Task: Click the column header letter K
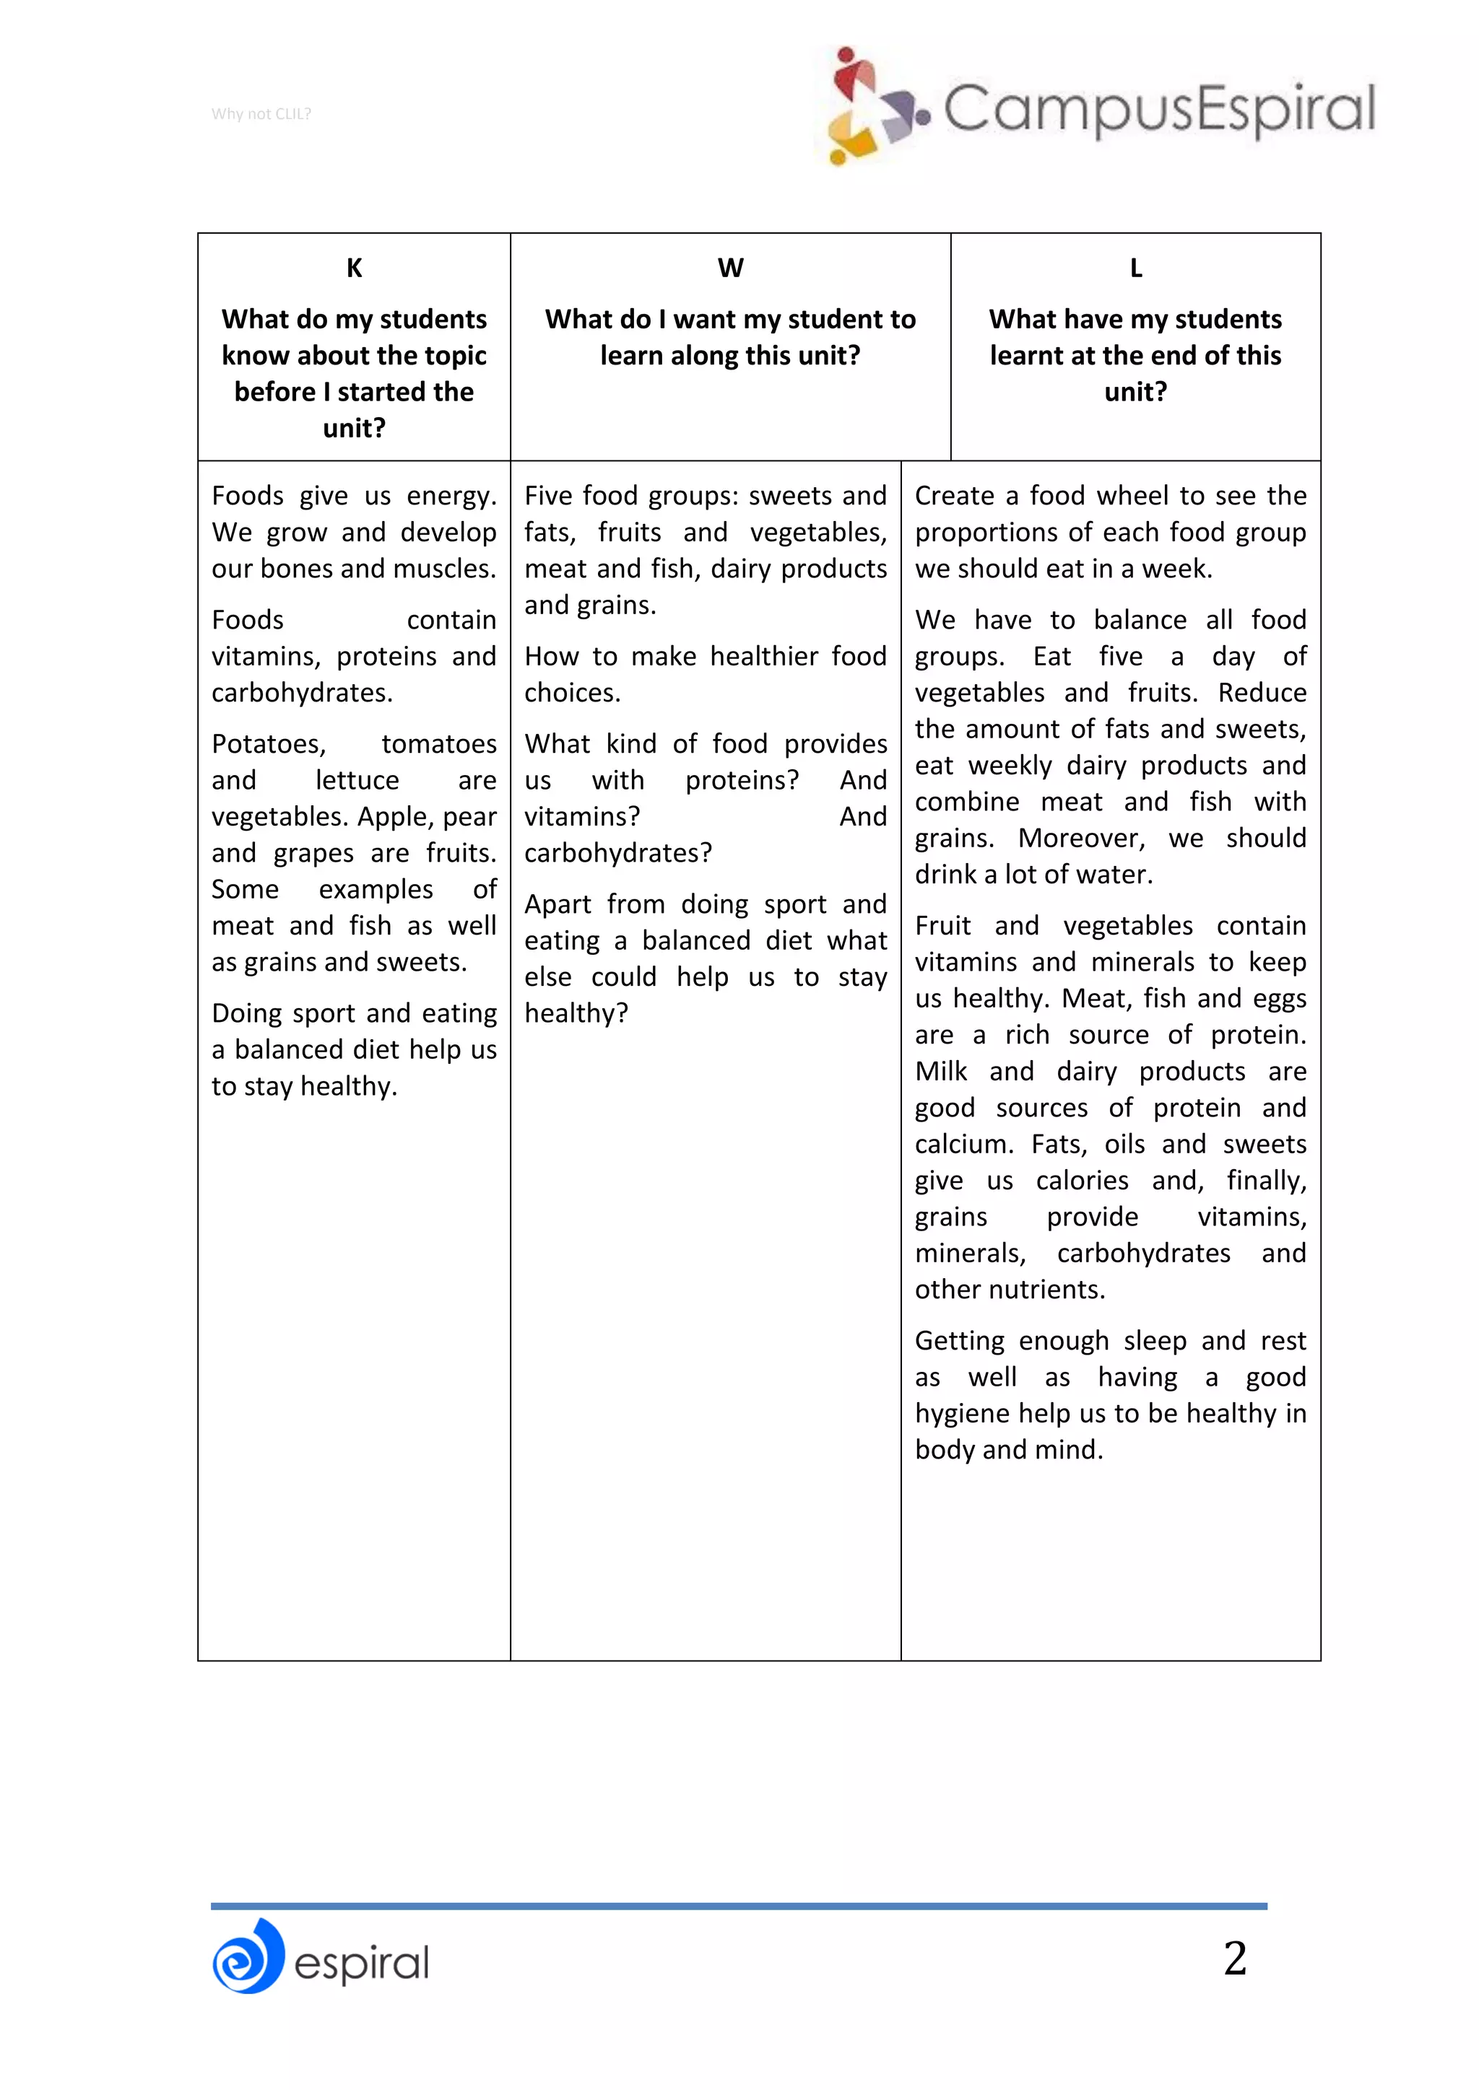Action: (x=355, y=268)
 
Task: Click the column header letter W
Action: (x=730, y=268)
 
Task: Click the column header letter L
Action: (x=1136, y=268)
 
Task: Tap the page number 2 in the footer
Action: (x=1234, y=1957)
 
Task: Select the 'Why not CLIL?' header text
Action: (x=261, y=114)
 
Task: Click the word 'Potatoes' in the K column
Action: (x=268, y=744)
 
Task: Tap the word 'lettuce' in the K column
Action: (x=357, y=780)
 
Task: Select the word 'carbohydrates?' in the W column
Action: (x=617, y=853)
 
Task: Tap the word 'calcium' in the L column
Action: (x=962, y=1144)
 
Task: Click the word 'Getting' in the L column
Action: (x=960, y=1341)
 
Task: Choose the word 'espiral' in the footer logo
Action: (x=362, y=1964)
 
